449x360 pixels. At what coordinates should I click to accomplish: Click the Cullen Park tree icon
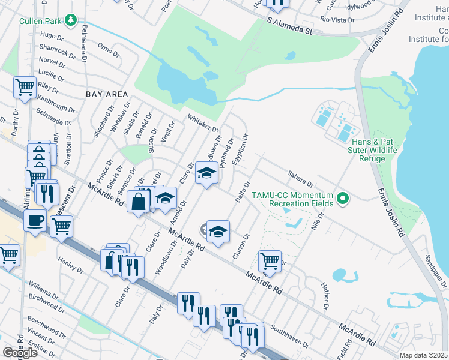coord(71,21)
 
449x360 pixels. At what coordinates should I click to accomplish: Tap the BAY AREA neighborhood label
coord(107,94)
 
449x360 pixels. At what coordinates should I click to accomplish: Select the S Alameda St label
coord(291,26)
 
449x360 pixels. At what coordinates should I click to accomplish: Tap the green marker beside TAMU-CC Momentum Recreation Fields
coord(343,197)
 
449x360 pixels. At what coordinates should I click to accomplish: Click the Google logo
coord(20,353)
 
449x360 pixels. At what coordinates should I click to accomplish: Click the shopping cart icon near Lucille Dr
coord(25,87)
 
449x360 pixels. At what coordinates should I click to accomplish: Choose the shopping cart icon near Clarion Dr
coord(270,260)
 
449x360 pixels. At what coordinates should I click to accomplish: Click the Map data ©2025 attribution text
coord(424,355)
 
